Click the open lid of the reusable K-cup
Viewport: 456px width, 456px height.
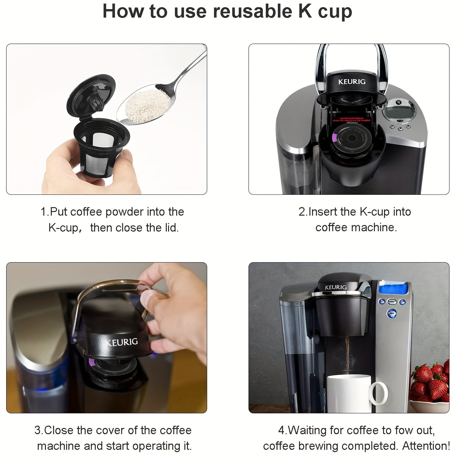92,95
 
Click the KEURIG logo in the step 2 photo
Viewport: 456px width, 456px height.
352,82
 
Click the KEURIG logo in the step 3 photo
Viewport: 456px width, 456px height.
121,342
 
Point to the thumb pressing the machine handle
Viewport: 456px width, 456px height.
150,301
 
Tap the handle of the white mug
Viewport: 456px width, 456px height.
380,392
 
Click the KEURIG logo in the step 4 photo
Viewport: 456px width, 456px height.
335,287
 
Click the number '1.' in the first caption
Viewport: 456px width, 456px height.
45,212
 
